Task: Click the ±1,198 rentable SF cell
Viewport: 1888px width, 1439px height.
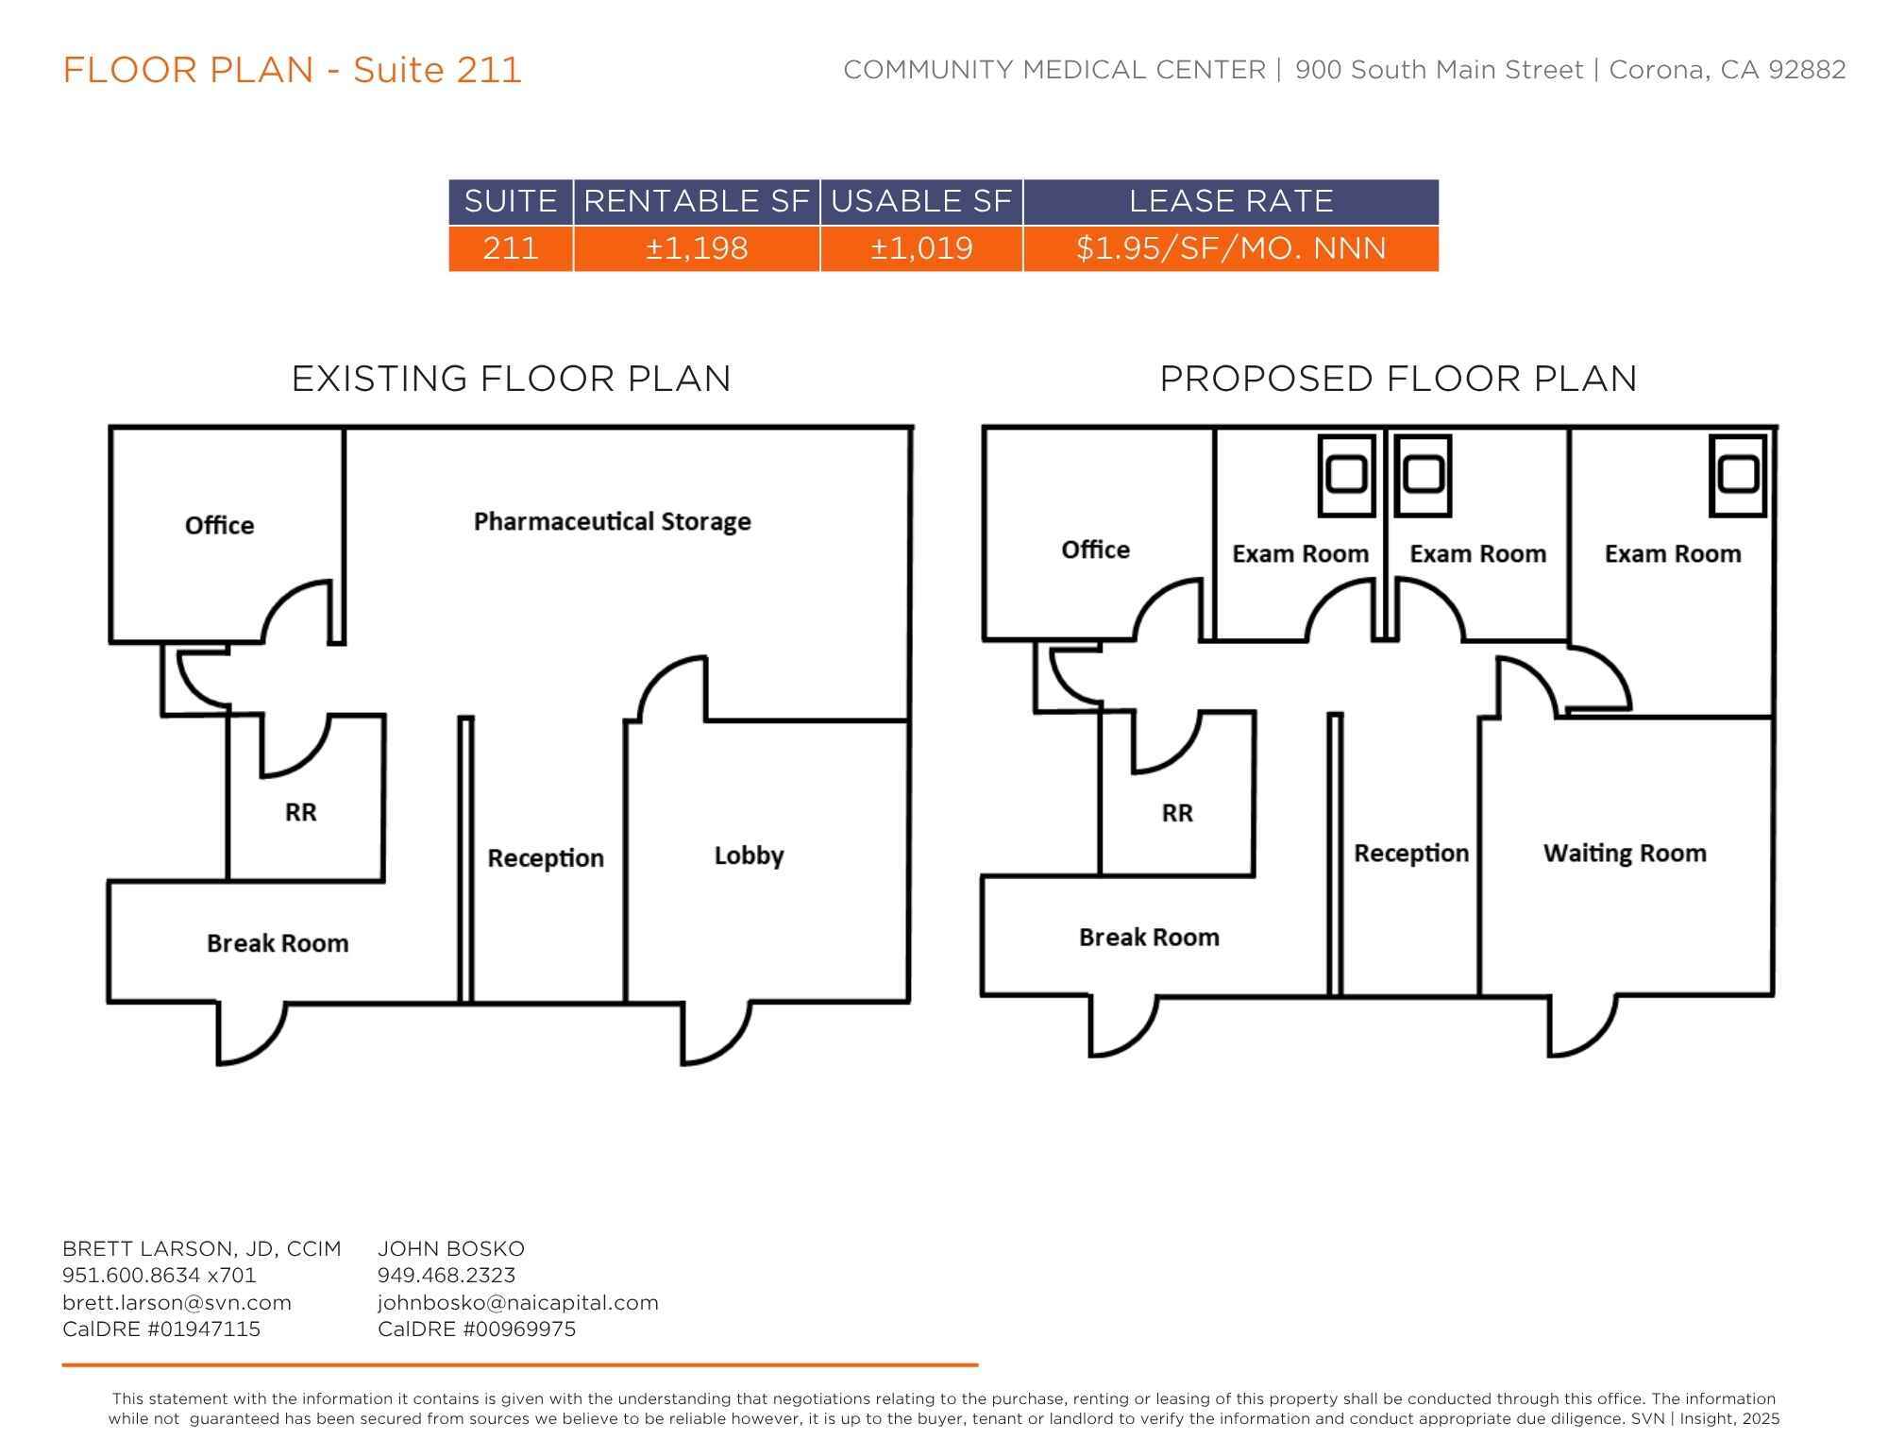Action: pyautogui.click(x=697, y=248)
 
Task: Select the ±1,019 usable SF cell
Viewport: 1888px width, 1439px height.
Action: pyautogui.click(x=921, y=248)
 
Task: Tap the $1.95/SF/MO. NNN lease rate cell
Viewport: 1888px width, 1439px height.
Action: pyautogui.click(x=1231, y=248)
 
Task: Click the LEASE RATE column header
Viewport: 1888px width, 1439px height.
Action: pyautogui.click(x=1231, y=201)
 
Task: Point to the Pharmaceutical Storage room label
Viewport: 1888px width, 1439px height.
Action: pyautogui.click(x=613, y=521)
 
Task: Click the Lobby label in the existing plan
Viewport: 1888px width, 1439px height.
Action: pyautogui.click(x=749, y=856)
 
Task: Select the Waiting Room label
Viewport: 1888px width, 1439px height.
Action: pyautogui.click(x=1625, y=854)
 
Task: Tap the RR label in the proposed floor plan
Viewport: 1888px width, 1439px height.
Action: pyautogui.click(x=1177, y=813)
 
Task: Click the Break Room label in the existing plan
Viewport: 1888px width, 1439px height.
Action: pyautogui.click(x=278, y=943)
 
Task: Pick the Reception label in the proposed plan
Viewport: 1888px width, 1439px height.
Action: pyautogui.click(x=1411, y=854)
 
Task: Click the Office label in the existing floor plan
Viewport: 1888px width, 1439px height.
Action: pyautogui.click(x=219, y=525)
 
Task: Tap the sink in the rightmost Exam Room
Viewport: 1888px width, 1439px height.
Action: pyautogui.click(x=1738, y=475)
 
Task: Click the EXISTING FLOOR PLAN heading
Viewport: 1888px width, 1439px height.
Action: pyautogui.click(x=511, y=379)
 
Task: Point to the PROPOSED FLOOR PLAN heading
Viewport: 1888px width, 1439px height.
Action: pyautogui.click(x=1398, y=379)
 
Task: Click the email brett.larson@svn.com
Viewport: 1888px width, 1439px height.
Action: pyautogui.click(x=177, y=1303)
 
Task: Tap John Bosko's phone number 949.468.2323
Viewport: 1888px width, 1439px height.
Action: pyautogui.click(x=447, y=1276)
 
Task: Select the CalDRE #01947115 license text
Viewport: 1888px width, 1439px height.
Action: pyautogui.click(x=161, y=1329)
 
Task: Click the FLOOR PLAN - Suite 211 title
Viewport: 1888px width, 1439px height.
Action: pyautogui.click(x=292, y=70)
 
